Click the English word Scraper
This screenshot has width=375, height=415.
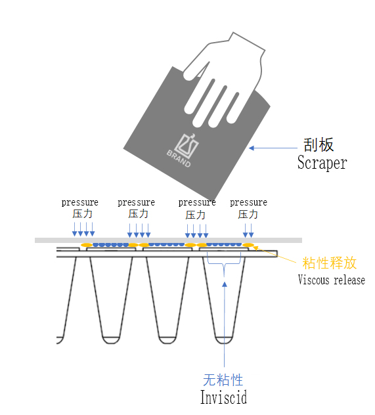[x=322, y=162]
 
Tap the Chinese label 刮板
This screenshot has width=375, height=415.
[x=319, y=144]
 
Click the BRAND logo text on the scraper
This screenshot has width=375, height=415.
[x=179, y=158]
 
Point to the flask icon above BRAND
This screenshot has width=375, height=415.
[x=187, y=145]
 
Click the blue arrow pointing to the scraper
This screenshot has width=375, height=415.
[x=273, y=148]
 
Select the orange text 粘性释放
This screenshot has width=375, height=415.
[x=330, y=263]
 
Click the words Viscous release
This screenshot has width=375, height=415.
[x=332, y=280]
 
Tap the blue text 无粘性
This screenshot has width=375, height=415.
[x=223, y=380]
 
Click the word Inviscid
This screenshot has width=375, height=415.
[x=224, y=397]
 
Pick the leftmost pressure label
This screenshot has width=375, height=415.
[x=80, y=203]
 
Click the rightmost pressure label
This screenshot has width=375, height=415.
[x=248, y=203]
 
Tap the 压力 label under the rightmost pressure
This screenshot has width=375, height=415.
[x=248, y=214]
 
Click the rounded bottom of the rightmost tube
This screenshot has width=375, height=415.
[x=224, y=340]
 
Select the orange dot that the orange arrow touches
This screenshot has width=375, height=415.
[x=248, y=245]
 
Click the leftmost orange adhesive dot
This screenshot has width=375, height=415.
[x=87, y=245]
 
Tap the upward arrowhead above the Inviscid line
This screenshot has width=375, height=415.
[x=225, y=284]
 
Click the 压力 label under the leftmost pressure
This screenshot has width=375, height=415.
[x=82, y=214]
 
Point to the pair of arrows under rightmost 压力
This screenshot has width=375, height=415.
[x=248, y=230]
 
